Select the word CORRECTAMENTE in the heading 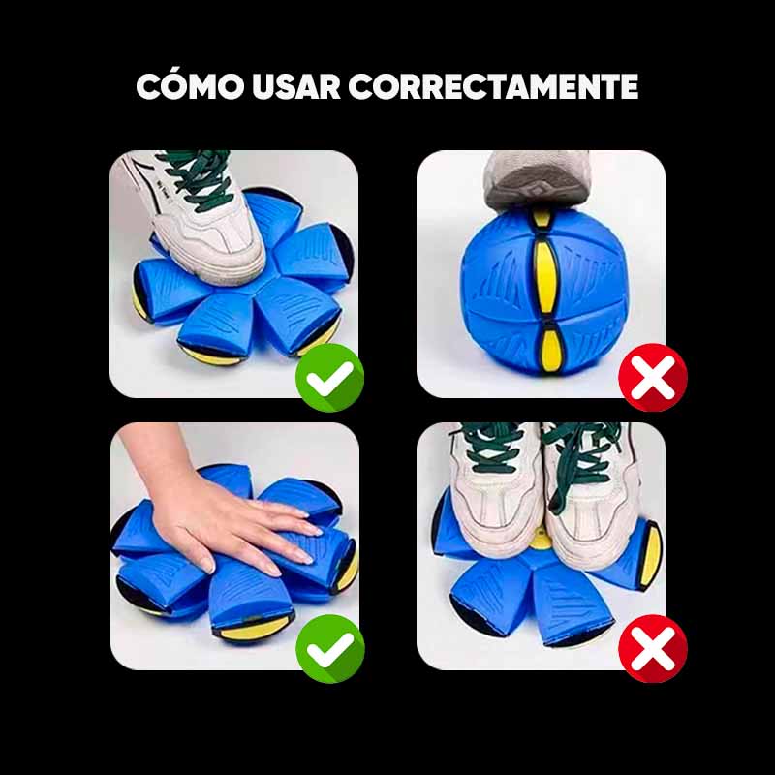[493, 87]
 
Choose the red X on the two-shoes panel [652, 648]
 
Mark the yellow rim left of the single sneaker [131, 289]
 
